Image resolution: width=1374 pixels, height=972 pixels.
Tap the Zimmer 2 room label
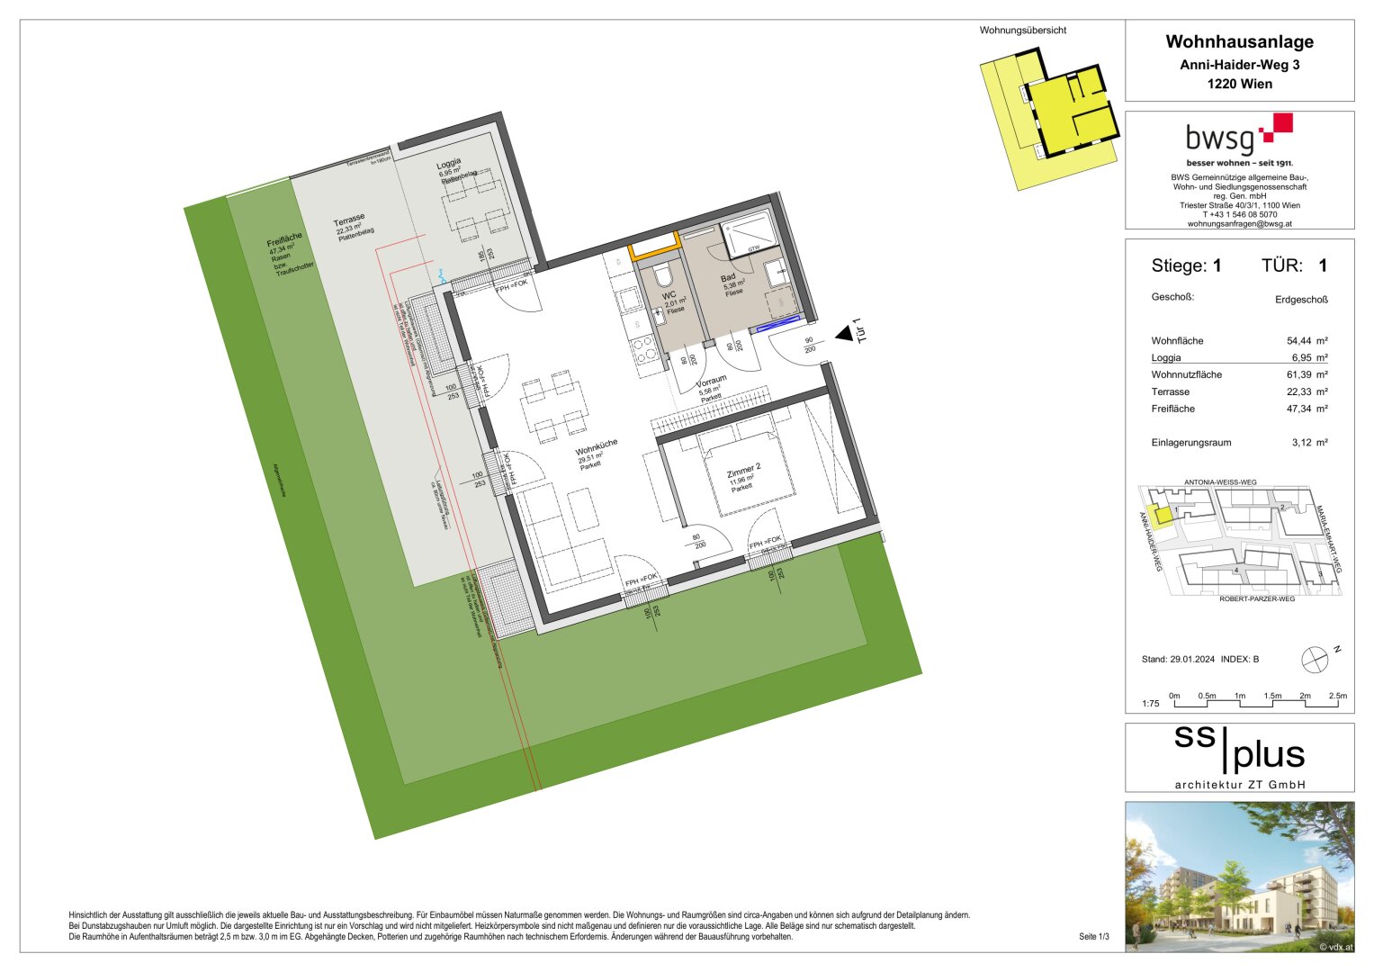click(744, 468)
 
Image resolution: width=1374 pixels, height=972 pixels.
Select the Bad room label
click(728, 278)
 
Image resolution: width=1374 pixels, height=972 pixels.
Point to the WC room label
click(669, 295)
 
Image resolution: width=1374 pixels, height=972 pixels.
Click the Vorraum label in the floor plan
click(711, 382)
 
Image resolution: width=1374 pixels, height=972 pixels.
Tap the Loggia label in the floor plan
click(448, 164)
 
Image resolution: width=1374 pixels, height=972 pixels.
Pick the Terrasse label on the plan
click(349, 221)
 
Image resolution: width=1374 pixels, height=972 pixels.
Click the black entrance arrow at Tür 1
click(843, 334)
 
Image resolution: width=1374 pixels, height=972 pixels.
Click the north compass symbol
click(1315, 660)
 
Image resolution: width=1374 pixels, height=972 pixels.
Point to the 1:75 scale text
click(1150, 704)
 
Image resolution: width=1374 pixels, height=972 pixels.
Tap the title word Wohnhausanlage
click(1239, 41)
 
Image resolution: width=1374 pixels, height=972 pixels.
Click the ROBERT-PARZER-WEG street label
click(1256, 598)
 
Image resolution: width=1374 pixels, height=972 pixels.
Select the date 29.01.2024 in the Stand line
click(1192, 660)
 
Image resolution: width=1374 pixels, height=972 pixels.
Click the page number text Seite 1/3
click(1093, 937)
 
